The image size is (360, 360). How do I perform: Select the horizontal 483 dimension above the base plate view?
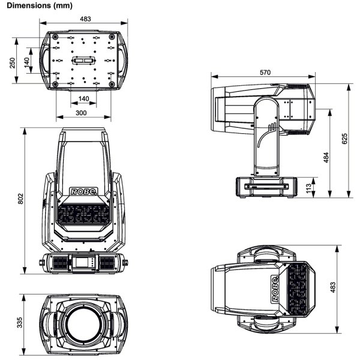coord(85,19)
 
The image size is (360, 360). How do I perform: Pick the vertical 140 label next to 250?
coord(26,62)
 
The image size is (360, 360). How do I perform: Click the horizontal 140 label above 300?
coord(83,99)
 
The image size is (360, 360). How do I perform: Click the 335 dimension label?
coord(20,323)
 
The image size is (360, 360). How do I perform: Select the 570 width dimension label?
coord(265,73)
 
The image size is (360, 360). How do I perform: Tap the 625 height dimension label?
coord(344,139)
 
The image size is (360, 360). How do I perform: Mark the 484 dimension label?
coord(326,157)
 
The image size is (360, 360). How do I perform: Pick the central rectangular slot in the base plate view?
coord(83,62)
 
